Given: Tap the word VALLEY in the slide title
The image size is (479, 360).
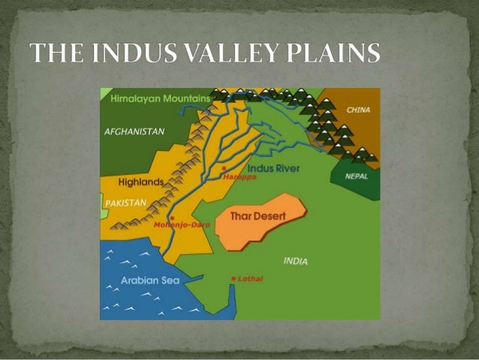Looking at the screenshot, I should click(x=223, y=55).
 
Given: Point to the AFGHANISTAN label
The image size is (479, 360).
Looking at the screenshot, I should click(x=134, y=131).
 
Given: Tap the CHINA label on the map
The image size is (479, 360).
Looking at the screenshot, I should click(x=358, y=110).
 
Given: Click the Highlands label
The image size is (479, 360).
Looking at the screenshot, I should click(x=140, y=182).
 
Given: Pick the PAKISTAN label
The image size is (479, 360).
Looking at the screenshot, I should click(x=125, y=203).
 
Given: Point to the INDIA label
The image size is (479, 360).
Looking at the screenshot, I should click(x=295, y=261).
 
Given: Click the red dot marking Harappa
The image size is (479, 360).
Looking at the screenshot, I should click(x=224, y=168).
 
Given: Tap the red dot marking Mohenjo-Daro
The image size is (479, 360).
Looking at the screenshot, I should click(x=172, y=217).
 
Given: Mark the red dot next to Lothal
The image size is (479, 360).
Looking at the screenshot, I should click(x=233, y=279).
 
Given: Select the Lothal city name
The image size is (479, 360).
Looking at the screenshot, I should click(x=251, y=279).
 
